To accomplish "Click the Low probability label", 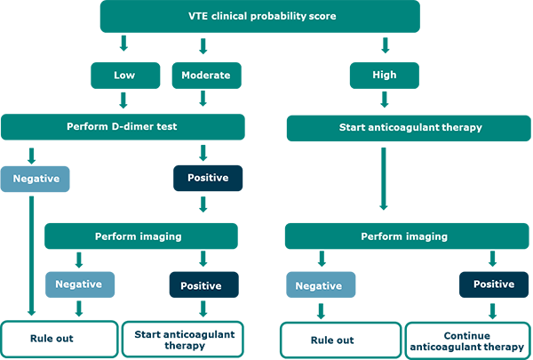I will pyautogui.click(x=124, y=76).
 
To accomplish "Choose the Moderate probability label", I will pyautogui.click(x=205, y=76).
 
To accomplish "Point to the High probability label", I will pyautogui.click(x=384, y=76).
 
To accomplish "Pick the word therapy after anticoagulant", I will pyautogui.click(x=464, y=128).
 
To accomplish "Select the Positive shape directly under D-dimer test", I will pyautogui.click(x=208, y=179).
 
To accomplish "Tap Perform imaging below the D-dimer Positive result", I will pyautogui.click(x=139, y=236).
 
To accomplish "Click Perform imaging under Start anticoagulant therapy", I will pyautogui.click(x=404, y=236).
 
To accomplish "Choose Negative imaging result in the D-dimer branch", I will pyautogui.click(x=78, y=284).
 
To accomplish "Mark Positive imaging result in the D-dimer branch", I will pyautogui.click(x=201, y=285).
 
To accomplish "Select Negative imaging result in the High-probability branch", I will pyautogui.click(x=318, y=285).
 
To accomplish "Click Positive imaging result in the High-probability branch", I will pyautogui.click(x=493, y=284).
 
